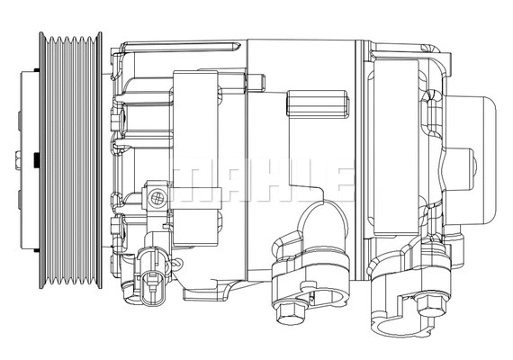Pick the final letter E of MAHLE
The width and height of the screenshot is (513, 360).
334,181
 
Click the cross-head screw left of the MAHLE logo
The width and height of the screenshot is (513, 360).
157,197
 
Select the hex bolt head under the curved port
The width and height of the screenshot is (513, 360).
290,315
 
